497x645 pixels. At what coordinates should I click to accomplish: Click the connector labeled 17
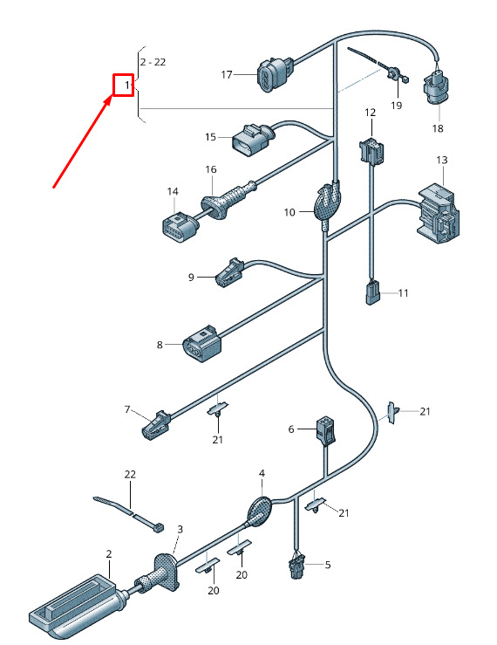pos(275,74)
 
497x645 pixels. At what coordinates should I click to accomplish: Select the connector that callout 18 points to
pos(436,87)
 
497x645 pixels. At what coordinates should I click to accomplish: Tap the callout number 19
pos(396,106)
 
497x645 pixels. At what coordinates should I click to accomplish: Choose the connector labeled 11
pos(373,292)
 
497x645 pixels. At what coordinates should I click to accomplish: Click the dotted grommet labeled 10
pos(327,203)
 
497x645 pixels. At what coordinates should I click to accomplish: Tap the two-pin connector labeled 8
pos(202,344)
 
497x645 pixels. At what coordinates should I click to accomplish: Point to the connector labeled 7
pos(156,424)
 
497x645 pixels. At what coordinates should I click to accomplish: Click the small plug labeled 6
pos(325,430)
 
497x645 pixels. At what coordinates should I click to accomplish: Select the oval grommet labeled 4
pos(259,511)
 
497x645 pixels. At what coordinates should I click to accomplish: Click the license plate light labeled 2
pos(77,607)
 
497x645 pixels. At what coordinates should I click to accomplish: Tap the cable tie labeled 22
pos(129,514)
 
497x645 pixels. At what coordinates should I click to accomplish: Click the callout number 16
pos(211,169)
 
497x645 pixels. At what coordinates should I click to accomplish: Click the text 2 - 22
pos(153,62)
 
